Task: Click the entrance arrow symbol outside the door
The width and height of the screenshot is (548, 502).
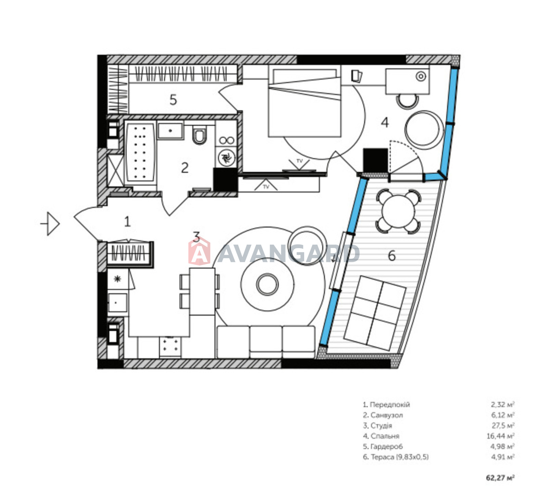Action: pos(50,224)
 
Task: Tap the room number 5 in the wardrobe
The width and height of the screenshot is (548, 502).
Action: pos(173,100)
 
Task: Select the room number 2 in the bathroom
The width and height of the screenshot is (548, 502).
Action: pos(185,168)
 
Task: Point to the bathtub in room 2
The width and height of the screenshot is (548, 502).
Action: pos(140,153)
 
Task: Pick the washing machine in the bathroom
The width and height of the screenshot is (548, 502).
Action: pos(226,158)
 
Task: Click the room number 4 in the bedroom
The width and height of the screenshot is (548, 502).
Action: pos(385,122)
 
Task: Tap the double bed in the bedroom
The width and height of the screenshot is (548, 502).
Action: pos(304,101)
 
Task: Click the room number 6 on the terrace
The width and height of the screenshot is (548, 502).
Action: pos(391,256)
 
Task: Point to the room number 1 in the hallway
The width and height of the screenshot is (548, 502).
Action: pos(127,222)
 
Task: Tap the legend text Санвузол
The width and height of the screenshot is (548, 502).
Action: pos(387,415)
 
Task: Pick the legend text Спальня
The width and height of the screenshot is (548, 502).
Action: pos(385,436)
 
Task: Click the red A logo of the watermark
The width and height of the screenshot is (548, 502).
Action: pos(199,252)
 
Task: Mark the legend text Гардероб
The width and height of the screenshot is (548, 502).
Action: pos(387,446)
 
